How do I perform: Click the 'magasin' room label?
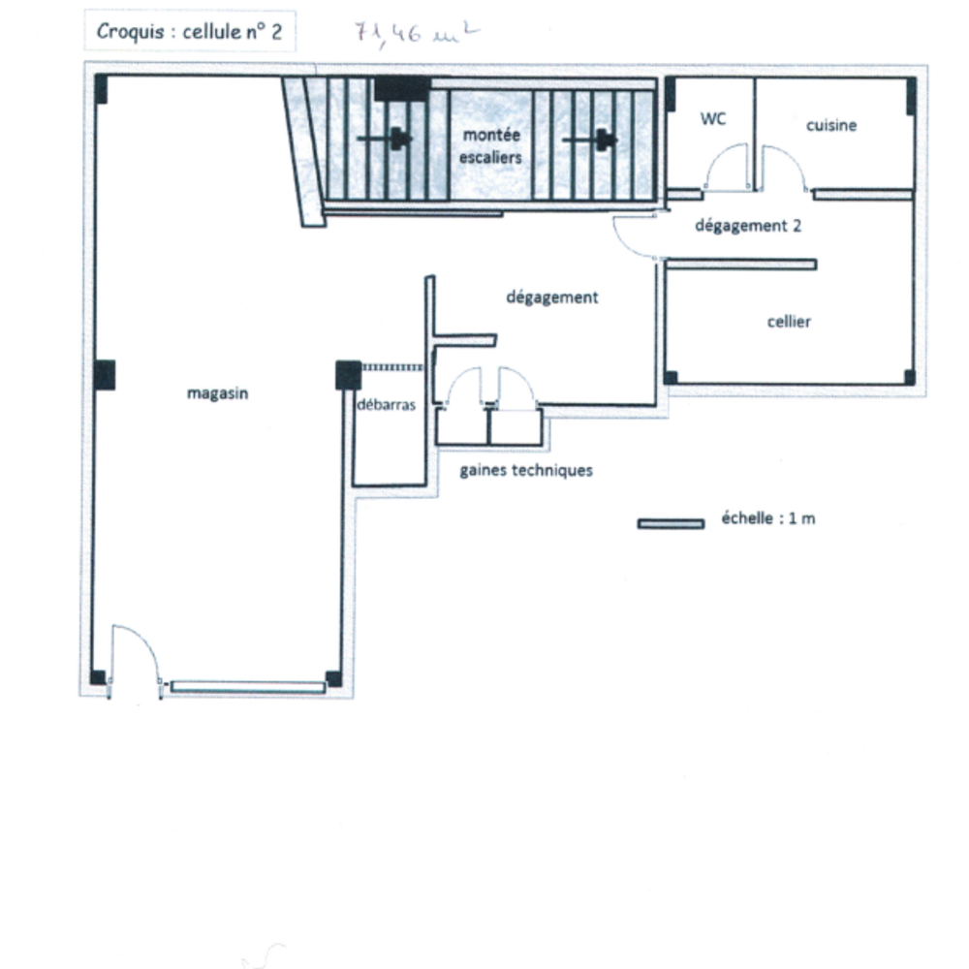pos(217,393)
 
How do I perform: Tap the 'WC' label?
pos(713,118)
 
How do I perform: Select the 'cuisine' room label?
pos(831,125)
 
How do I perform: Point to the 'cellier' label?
pos(789,322)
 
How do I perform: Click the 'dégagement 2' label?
pos(748,226)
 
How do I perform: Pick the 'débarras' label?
pos(387,405)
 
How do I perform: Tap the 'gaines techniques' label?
pos(526,471)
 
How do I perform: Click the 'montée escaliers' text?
pos(491,146)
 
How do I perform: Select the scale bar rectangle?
pos(671,524)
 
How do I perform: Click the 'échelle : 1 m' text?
pos(768,517)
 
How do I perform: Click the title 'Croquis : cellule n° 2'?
pos(190,32)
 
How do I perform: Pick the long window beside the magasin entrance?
pos(248,687)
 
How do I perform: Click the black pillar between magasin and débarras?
pos(349,375)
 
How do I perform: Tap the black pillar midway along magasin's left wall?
pos(105,375)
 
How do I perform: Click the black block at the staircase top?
pos(402,89)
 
